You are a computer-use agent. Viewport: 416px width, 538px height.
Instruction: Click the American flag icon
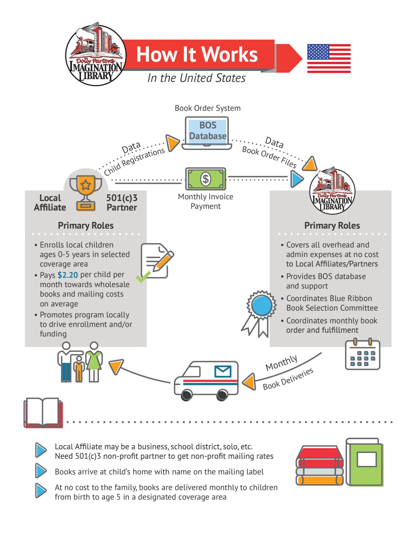click(x=328, y=58)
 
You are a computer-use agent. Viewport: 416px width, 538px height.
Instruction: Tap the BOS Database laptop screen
click(x=207, y=131)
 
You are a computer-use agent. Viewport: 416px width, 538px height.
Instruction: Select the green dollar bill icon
click(x=206, y=179)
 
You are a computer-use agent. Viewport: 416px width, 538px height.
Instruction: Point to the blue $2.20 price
click(x=68, y=275)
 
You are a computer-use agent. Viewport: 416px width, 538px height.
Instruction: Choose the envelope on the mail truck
click(x=223, y=371)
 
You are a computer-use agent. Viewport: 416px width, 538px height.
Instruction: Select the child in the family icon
click(x=79, y=369)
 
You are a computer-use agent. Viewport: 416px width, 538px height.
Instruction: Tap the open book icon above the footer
click(x=43, y=412)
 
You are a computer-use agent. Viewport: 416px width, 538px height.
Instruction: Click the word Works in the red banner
click(x=230, y=54)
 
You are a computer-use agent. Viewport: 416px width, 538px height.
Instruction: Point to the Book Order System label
click(x=208, y=108)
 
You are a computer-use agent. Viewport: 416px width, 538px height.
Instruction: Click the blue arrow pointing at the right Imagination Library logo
click(x=297, y=179)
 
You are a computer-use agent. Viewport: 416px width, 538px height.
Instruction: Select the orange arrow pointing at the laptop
click(x=172, y=143)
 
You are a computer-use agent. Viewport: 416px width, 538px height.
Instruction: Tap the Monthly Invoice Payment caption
click(x=206, y=201)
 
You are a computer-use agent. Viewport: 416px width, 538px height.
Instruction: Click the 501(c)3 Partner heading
click(x=122, y=203)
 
